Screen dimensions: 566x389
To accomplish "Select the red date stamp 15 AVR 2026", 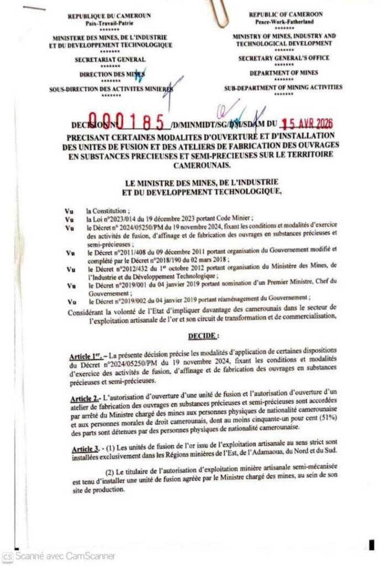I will pyautogui.click(x=308, y=124).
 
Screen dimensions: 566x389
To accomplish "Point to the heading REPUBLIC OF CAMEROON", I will pyautogui.click(x=285, y=14).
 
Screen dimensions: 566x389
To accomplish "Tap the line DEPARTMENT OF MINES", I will pyautogui.click(x=283, y=72).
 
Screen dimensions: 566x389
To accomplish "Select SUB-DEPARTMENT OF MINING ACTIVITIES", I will pyautogui.click(x=283, y=87).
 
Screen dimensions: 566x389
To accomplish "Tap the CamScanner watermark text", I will pyautogui.click(x=66, y=556).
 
